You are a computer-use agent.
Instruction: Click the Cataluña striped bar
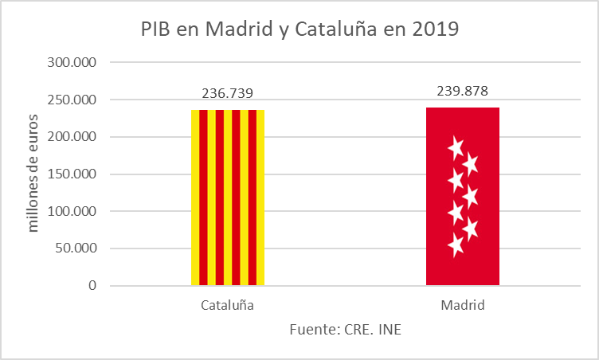tap(228, 197)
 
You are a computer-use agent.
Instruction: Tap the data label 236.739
tap(228, 93)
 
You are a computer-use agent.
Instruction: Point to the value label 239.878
tap(463, 90)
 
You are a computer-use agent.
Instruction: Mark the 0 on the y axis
tap(92, 286)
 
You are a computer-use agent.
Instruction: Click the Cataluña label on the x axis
tap(228, 305)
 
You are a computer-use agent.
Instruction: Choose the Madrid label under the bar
tap(463, 305)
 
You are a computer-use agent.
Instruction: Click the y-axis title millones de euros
tap(33, 174)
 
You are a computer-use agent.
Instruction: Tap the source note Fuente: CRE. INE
tap(345, 329)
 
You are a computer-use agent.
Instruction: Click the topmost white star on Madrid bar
tap(456, 147)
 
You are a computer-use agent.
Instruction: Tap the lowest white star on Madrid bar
tap(456, 245)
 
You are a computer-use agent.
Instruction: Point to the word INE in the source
tap(389, 329)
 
